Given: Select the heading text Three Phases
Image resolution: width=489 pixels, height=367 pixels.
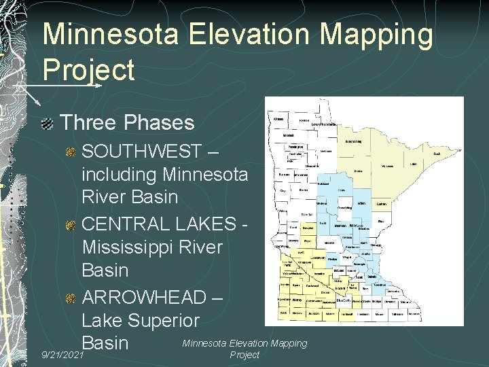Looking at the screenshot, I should point(127,122).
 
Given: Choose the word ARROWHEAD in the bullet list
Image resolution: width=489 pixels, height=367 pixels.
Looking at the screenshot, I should point(144,297).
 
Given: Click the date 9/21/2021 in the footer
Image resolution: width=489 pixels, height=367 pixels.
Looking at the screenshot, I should point(62,355).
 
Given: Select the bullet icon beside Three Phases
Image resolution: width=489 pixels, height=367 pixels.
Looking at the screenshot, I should point(47,124).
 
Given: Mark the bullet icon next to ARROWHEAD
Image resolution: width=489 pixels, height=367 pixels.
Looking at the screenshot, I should point(71,298).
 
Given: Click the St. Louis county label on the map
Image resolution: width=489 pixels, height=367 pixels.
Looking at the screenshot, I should point(387,165).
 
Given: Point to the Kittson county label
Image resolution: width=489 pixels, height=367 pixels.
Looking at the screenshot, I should point(278,119).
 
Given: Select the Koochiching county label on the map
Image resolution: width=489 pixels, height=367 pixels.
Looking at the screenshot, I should point(352,141).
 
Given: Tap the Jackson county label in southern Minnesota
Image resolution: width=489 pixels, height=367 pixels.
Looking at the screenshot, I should point(312,315).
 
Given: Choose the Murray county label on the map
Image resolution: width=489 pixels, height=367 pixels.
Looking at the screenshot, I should point(297,300).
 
